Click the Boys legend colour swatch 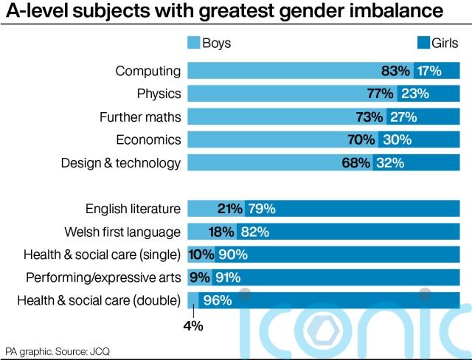(x=195, y=43)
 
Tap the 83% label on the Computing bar (x=395, y=72)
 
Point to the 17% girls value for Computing (x=428, y=72)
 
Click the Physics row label (x=159, y=94)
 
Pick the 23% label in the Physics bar (x=415, y=94)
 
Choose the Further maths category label (x=140, y=117)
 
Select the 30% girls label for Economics (x=397, y=139)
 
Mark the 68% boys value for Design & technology (x=355, y=162)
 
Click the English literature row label (x=133, y=209)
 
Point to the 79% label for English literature (x=262, y=209)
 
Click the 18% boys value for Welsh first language (x=222, y=232)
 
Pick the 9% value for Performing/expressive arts (x=200, y=277)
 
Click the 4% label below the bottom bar (x=194, y=324)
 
